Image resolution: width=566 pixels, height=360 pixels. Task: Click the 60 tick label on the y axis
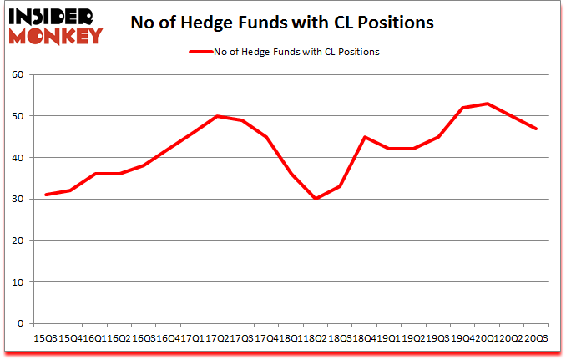click(19, 75)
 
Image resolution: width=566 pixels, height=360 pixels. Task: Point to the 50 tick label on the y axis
click(19, 116)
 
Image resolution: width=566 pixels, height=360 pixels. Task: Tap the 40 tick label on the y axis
click(19, 158)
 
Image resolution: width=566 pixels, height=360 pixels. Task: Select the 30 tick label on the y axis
click(19, 199)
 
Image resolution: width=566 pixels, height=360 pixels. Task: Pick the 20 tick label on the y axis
click(19, 241)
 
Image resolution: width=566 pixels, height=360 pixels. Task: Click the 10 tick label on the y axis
click(19, 281)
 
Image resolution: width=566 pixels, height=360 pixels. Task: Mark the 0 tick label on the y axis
click(22, 323)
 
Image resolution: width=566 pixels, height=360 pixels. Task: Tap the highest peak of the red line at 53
click(487, 104)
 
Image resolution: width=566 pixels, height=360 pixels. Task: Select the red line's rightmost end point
click(536, 129)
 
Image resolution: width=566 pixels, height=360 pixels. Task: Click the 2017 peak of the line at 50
click(217, 116)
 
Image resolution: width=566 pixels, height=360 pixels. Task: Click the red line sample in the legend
click(198, 52)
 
